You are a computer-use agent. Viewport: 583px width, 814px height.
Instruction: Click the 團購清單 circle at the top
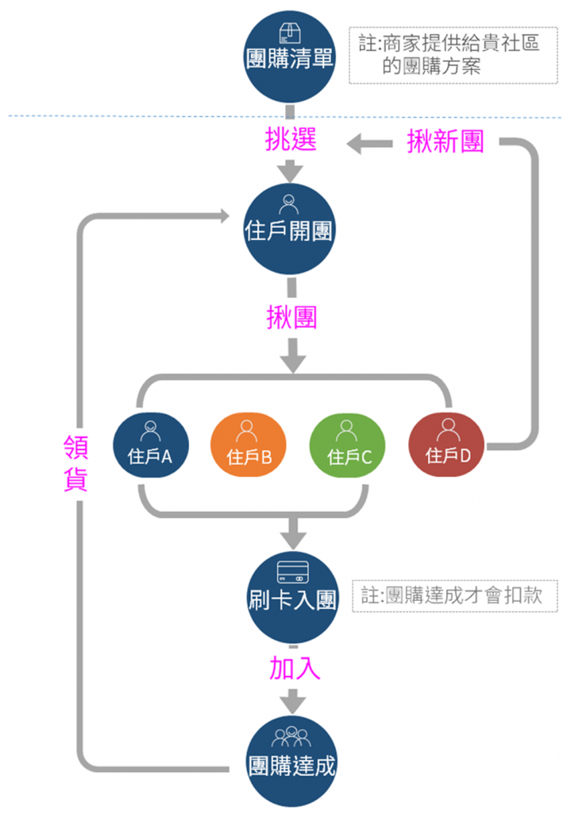point(289,55)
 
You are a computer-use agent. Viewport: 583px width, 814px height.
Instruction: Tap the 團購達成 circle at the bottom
point(292,761)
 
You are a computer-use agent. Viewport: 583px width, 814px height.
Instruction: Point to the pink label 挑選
point(290,140)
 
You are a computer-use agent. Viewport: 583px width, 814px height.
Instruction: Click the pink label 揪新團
point(445,141)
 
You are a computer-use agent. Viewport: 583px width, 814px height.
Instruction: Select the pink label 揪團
point(291,317)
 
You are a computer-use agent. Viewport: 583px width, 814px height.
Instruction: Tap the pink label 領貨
point(75,463)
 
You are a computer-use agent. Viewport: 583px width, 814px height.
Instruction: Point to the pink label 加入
point(294,669)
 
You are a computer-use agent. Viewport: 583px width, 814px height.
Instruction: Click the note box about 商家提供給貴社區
point(453,55)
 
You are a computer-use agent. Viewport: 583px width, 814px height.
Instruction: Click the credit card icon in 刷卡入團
point(292,572)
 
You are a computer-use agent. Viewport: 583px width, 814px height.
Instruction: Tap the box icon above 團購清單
point(289,33)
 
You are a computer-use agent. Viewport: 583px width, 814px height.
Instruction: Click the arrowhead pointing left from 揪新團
point(355,143)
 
